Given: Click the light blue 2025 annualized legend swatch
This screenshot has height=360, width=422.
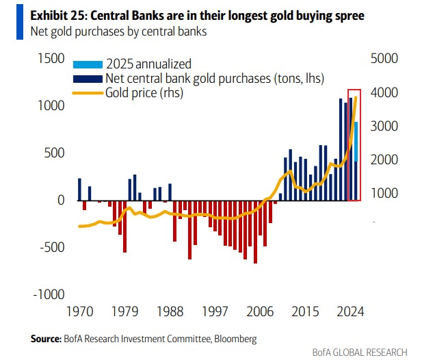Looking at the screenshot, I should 87,64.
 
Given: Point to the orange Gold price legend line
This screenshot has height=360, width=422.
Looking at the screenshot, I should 87,92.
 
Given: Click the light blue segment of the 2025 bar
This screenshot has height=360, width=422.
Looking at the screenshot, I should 356,141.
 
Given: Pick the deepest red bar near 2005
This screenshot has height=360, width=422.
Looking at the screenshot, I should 255,232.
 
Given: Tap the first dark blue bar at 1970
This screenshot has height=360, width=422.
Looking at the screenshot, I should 79,190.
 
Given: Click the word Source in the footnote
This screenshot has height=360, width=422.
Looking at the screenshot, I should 45,339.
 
